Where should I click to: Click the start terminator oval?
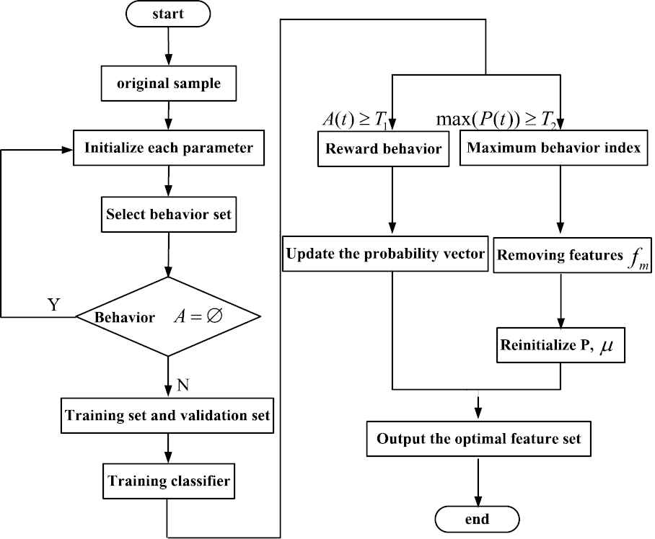[168, 14]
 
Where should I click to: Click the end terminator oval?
[477, 519]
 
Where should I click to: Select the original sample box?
[169, 84]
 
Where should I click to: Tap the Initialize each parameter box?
[169, 149]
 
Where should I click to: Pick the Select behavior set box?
[169, 214]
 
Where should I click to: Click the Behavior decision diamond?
[169, 316]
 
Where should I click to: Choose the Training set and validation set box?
[168, 415]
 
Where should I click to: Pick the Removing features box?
[561, 255]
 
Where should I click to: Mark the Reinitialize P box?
[561, 344]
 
